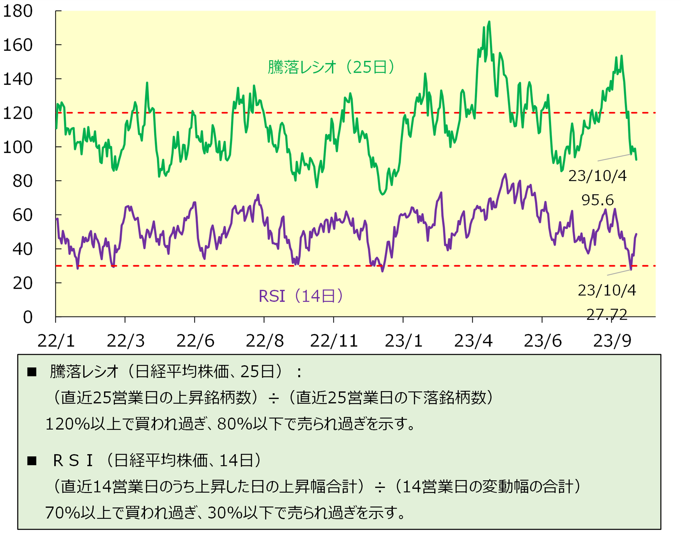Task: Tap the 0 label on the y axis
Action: click(x=28, y=317)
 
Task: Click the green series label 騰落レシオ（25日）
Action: click(x=331, y=67)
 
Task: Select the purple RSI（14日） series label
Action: click(x=301, y=296)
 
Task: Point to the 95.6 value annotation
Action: click(x=597, y=200)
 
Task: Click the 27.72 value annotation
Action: click(x=607, y=314)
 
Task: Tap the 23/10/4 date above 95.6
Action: click(x=597, y=176)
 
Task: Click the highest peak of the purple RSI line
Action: click(x=505, y=174)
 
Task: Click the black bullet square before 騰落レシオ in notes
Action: click(x=32, y=372)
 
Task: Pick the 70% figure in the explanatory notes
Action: click(x=62, y=513)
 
